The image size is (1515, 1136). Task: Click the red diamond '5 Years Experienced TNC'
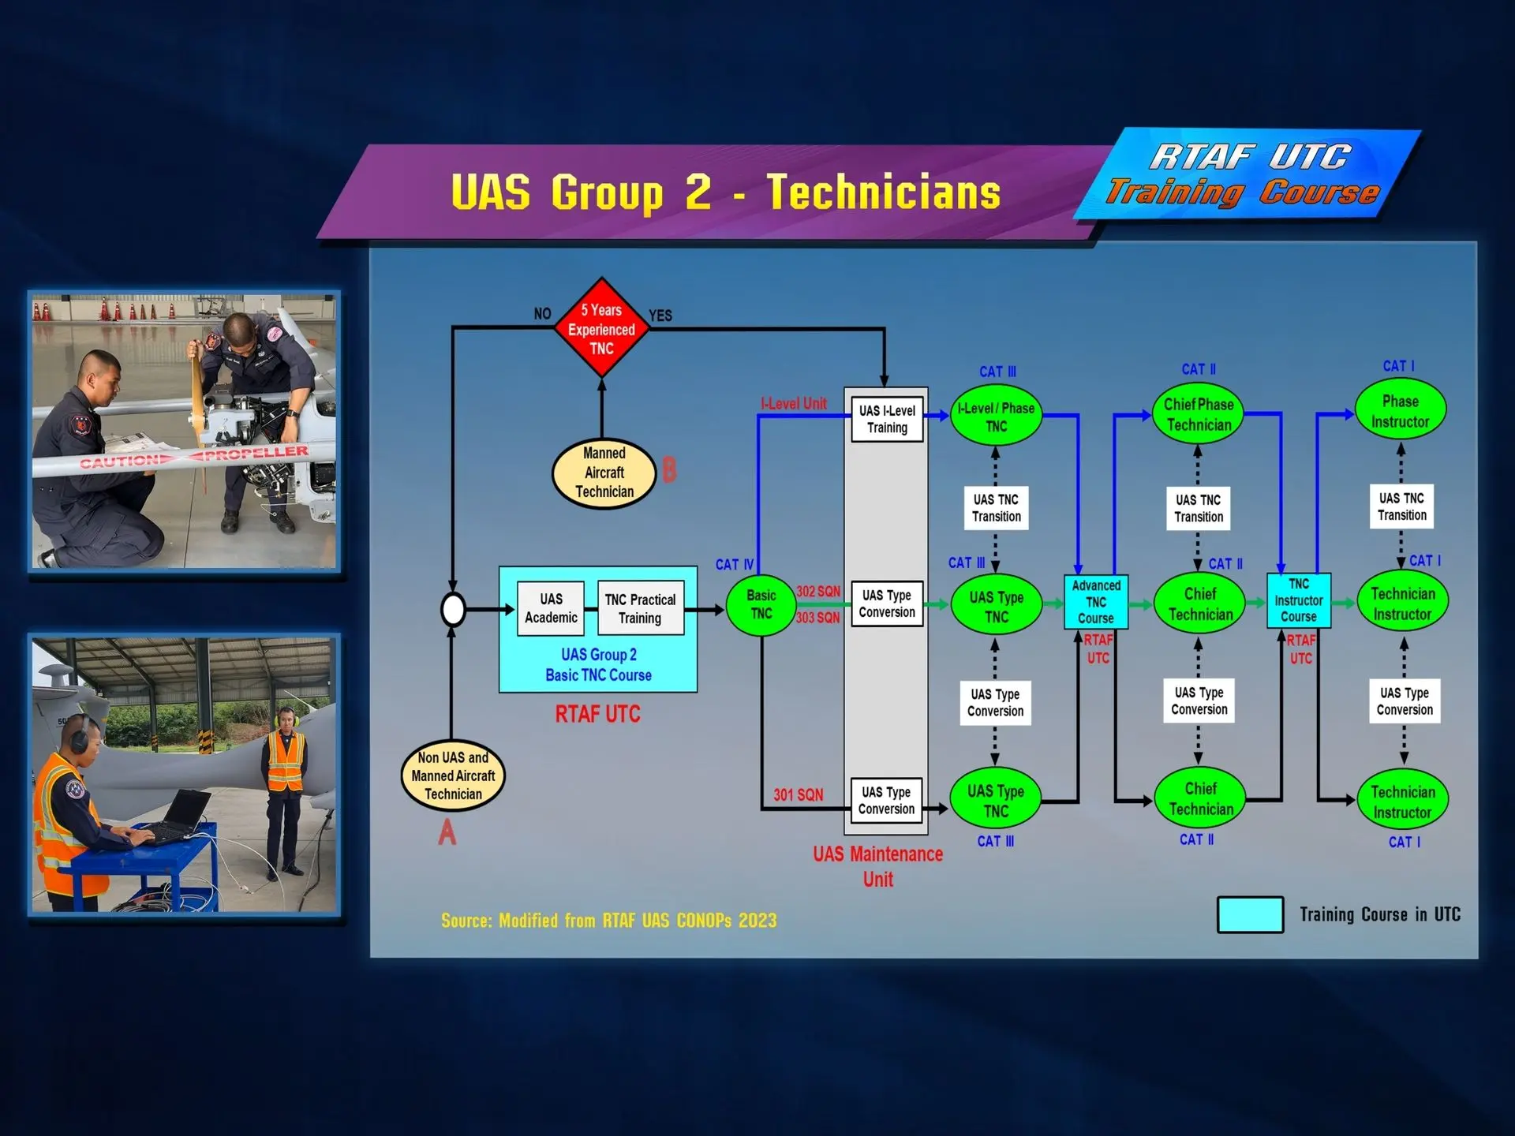[x=601, y=328]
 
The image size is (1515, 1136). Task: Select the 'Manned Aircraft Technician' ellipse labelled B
[x=604, y=473]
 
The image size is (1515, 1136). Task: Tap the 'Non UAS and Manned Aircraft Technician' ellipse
[x=453, y=775]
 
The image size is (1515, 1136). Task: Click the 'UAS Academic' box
[x=551, y=608]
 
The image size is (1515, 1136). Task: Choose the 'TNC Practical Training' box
[x=640, y=608]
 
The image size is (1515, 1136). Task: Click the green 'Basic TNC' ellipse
[x=761, y=605]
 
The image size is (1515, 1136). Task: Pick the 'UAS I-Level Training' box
[x=887, y=419]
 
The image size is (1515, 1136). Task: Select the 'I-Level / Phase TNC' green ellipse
[x=996, y=416]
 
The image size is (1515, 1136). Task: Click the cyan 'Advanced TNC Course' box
[x=1096, y=602]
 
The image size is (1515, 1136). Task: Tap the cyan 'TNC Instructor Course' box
[x=1299, y=600]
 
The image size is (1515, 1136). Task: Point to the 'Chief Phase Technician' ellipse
[x=1199, y=414]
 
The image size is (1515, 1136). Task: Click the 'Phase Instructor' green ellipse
[x=1401, y=410]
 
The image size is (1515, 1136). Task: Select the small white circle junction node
[x=453, y=609]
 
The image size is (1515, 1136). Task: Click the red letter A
[x=447, y=832]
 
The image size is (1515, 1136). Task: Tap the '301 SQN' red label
[x=798, y=795]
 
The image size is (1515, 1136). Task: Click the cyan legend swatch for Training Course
[x=1250, y=914]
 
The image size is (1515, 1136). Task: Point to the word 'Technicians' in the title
[x=884, y=192]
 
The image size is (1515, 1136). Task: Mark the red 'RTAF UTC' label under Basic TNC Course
[x=597, y=714]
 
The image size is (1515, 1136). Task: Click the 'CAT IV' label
[x=734, y=565]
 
